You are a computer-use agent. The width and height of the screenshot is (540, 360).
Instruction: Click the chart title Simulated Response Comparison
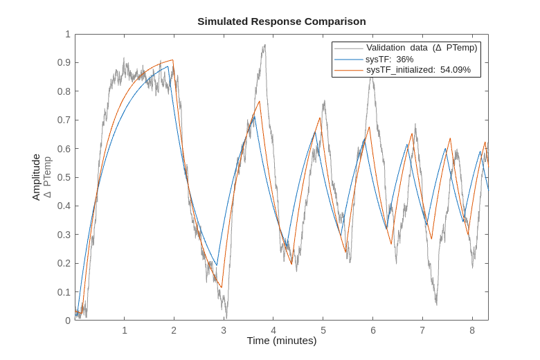(x=281, y=21)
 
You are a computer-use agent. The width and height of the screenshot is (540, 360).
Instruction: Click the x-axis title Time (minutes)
(x=281, y=341)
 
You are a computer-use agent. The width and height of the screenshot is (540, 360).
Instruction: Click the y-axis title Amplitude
(x=36, y=177)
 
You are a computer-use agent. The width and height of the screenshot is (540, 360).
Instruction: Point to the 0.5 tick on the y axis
(x=64, y=177)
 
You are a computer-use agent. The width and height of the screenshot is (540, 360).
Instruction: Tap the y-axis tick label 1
(x=68, y=34)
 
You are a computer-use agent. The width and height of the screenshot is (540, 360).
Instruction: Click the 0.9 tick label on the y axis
(x=64, y=62)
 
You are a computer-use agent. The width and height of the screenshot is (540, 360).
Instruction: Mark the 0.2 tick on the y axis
(x=64, y=263)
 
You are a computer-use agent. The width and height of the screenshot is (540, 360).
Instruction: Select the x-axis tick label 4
(x=273, y=330)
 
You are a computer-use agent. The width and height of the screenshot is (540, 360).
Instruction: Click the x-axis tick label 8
(x=472, y=330)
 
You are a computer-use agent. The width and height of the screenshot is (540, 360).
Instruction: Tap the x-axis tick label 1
(x=125, y=330)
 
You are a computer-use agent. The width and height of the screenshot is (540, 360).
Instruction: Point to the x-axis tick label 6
(x=372, y=330)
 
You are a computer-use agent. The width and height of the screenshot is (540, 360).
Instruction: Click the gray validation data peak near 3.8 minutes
(x=264, y=46)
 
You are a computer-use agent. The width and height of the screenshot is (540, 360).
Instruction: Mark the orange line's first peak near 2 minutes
(x=173, y=60)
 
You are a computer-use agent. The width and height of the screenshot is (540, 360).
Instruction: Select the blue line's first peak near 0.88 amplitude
(x=168, y=66)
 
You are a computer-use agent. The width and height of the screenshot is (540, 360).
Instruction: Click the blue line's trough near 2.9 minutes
(x=217, y=265)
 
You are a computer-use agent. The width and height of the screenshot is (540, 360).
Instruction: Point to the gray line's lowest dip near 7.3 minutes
(x=436, y=303)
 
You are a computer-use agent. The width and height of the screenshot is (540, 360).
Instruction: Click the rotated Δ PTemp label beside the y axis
(x=47, y=177)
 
